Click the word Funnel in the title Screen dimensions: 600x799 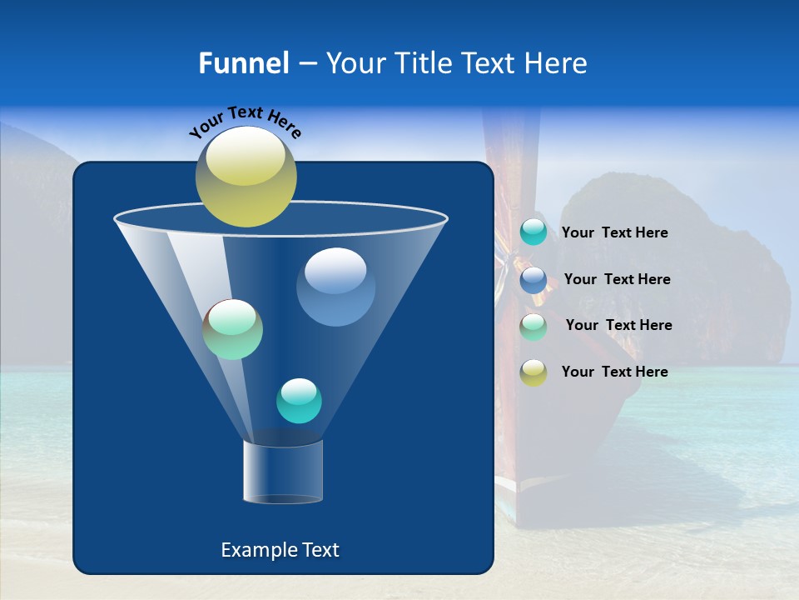[243, 63]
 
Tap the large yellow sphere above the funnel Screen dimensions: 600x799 [246, 177]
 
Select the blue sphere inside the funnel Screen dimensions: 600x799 [335, 287]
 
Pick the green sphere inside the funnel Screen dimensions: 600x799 [233, 329]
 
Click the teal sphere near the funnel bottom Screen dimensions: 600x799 [299, 401]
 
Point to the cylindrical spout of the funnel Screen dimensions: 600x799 [282, 472]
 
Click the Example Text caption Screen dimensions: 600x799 [280, 550]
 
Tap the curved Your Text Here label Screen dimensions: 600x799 [246, 122]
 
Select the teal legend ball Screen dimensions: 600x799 [533, 232]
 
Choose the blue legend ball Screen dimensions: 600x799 [533, 280]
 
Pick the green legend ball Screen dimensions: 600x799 [533, 326]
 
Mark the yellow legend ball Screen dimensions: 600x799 [533, 372]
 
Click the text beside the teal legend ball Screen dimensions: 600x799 [614, 233]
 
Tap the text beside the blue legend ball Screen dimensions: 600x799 [617, 280]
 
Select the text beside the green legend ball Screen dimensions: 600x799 [618, 326]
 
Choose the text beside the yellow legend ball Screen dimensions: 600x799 [614, 372]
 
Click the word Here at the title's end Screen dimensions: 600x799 [556, 63]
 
